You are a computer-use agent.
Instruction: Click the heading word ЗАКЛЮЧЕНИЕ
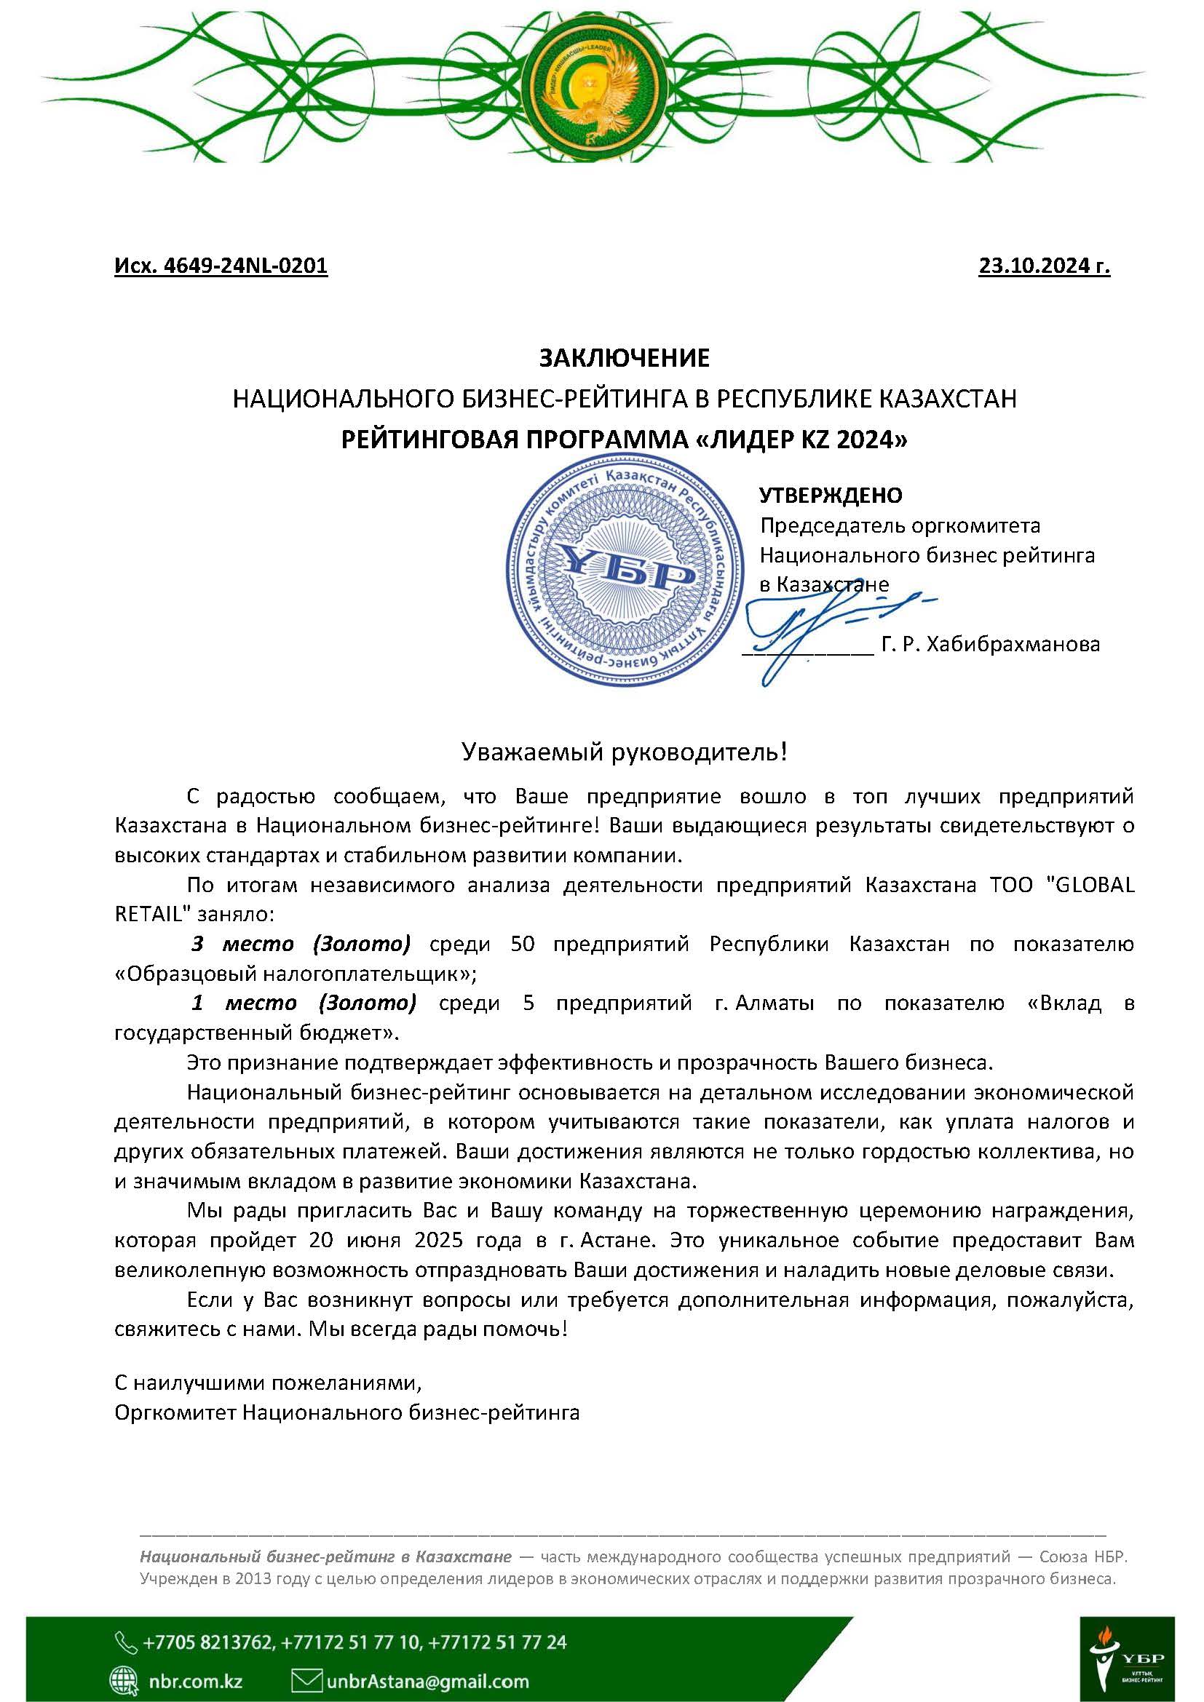point(624,358)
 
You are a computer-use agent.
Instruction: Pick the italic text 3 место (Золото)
point(300,945)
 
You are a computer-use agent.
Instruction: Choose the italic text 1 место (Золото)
point(304,1003)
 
